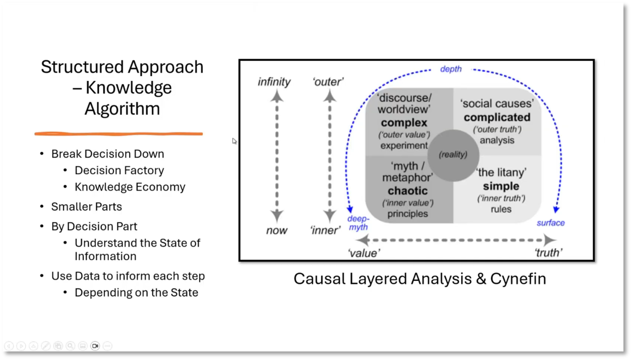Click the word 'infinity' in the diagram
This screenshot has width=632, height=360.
274,82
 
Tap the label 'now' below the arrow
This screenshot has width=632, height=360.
276,230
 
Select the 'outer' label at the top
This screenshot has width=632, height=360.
328,82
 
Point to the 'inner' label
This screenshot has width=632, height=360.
325,230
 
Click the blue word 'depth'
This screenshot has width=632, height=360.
451,69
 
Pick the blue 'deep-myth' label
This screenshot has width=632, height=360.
358,223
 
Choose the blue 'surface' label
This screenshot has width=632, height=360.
550,223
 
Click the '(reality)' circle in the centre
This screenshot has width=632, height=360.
453,155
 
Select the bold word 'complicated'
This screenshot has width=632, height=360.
497,117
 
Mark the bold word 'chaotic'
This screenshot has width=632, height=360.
407,191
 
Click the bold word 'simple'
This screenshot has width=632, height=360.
501,186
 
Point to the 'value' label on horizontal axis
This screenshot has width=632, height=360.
364,253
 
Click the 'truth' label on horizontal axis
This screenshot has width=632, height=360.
548,253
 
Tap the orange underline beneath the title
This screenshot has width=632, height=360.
119,134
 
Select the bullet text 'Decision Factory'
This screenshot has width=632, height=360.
119,171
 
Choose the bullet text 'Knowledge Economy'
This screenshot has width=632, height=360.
130,187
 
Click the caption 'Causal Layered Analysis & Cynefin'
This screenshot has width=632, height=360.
420,279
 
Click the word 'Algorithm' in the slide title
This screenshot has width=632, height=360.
122,108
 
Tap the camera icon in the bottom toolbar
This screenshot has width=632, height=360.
95,346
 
